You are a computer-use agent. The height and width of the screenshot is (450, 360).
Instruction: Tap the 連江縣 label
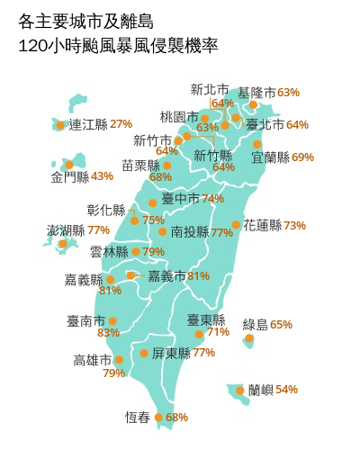pos(88,124)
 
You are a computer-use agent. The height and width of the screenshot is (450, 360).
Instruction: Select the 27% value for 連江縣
pos(121,124)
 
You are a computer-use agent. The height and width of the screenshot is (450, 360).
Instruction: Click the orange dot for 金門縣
pos(68,165)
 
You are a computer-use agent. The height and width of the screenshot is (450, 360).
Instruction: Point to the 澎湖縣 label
pos(65,230)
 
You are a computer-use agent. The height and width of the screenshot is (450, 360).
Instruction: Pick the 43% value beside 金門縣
pos(103,176)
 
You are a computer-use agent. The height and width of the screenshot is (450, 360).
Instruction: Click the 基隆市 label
pos(256,93)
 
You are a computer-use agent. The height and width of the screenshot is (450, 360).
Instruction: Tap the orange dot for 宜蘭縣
pos(258,144)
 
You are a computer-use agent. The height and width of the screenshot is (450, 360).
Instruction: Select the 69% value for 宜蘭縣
pos(303,157)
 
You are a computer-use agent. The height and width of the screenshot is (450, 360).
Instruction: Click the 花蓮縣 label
pos(263,225)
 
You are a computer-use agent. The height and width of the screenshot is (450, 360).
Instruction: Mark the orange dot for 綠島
pos(248,339)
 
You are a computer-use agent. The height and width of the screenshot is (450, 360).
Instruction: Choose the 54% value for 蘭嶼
pos(286,390)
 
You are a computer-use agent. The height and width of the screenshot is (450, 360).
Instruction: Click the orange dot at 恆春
pos(158,418)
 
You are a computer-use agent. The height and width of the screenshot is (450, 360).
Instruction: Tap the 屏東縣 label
pos(170,353)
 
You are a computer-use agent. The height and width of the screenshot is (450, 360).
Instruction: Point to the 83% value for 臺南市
pos(108,333)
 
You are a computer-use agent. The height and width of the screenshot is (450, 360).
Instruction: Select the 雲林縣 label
pos(109,252)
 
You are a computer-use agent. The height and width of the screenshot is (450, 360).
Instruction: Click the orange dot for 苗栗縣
pos(166,165)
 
